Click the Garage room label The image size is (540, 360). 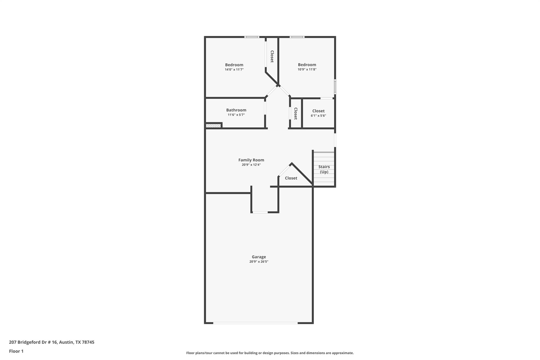259,257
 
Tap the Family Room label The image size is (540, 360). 251,160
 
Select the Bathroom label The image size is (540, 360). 236,110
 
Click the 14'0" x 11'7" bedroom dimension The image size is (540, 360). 234,70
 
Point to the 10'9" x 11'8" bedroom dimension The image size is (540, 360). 307,69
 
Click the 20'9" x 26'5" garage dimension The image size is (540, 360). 259,262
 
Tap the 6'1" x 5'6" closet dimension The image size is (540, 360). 318,116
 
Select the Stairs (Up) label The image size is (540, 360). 324,169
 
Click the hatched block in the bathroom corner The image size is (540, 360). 213,126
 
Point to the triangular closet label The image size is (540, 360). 291,178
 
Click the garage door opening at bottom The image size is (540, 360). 255,323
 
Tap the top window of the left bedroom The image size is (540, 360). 252,37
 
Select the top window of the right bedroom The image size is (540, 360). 297,37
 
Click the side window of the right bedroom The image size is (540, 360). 335,87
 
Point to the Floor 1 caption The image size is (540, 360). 16,351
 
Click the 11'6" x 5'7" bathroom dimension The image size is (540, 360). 236,115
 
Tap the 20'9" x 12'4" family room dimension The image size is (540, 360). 251,165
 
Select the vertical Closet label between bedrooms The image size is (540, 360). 272,56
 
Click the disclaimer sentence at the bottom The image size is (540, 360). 270,353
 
